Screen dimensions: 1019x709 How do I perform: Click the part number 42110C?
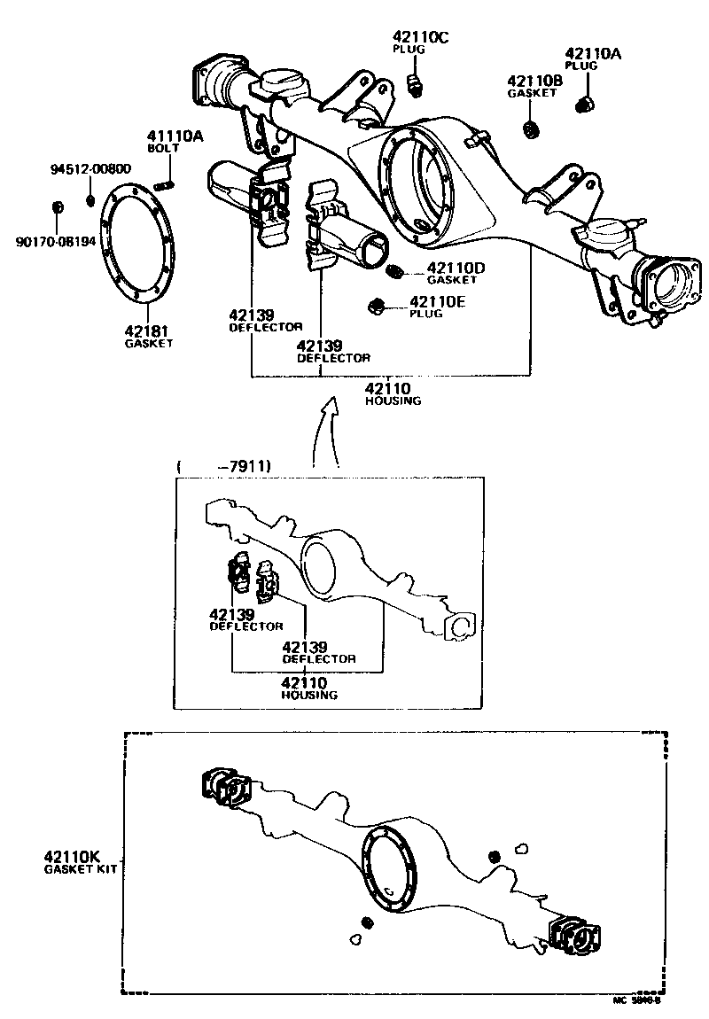click(x=420, y=36)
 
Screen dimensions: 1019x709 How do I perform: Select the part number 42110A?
click(x=593, y=53)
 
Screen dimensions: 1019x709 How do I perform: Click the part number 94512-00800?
click(x=90, y=168)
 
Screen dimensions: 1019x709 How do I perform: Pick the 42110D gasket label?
click(x=456, y=268)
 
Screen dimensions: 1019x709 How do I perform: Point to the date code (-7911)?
click(x=225, y=465)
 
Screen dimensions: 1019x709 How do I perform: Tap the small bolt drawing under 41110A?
click(x=165, y=184)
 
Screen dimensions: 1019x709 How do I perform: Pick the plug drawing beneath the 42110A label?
click(x=584, y=105)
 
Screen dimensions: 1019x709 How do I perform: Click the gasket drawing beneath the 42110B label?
click(x=531, y=130)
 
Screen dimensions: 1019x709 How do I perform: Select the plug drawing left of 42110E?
click(x=375, y=307)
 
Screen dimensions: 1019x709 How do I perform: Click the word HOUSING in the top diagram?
click(x=393, y=401)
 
